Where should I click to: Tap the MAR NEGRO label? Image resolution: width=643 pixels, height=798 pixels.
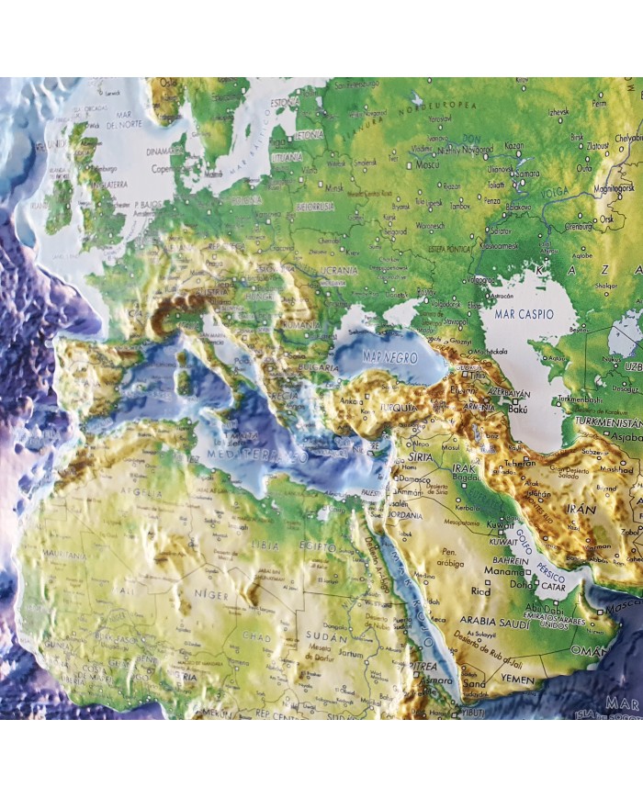(385, 354)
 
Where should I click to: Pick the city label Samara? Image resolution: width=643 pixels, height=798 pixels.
(526, 174)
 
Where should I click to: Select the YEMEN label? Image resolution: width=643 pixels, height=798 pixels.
(516, 680)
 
